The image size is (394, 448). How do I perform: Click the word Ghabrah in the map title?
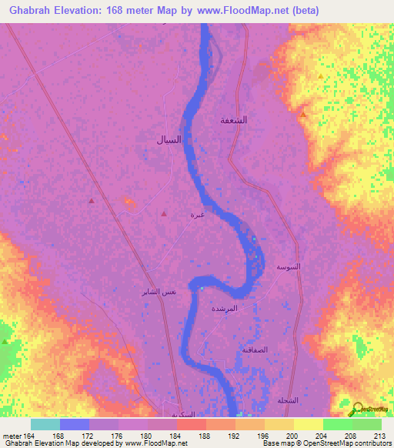29,10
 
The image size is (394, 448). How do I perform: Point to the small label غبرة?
198,215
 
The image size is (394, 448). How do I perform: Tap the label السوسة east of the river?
289,266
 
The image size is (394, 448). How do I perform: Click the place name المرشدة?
245,308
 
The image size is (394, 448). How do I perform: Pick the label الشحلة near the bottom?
286,400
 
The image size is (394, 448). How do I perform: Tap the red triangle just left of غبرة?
164,214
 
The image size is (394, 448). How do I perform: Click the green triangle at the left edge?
5,340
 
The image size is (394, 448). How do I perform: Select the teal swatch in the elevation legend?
45,424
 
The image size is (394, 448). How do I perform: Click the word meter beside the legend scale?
13,436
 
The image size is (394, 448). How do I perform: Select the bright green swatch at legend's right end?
367,424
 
